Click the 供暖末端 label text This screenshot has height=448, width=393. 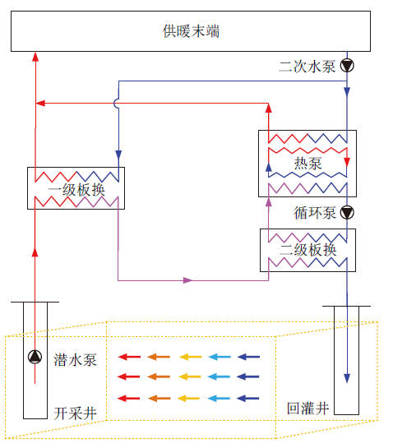(x=191, y=31)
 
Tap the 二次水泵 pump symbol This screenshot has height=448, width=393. (x=347, y=66)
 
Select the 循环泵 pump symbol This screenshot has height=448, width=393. (x=347, y=213)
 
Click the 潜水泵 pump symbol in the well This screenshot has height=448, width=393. (x=35, y=357)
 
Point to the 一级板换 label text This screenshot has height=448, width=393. (x=76, y=190)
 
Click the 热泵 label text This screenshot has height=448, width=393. (x=307, y=164)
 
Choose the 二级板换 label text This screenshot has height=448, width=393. (x=307, y=250)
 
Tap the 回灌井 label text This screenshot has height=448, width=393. (x=307, y=409)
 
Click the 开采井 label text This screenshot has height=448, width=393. (x=76, y=413)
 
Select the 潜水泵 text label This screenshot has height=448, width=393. (x=76, y=360)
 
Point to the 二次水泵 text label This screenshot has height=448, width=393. (x=307, y=67)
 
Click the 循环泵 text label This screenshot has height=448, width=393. (x=315, y=213)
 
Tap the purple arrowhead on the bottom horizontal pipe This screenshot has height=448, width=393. (x=187, y=280)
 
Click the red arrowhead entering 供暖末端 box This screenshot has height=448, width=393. (x=35, y=57)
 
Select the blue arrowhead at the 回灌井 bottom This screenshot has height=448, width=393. (x=347, y=378)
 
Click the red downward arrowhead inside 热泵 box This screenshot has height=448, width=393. (x=347, y=162)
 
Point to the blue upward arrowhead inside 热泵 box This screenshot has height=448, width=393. (x=268, y=167)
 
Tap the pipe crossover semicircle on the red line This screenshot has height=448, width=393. (x=116, y=104)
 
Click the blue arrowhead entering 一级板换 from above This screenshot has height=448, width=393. (x=118, y=155)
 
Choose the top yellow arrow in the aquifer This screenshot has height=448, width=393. (x=191, y=357)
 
